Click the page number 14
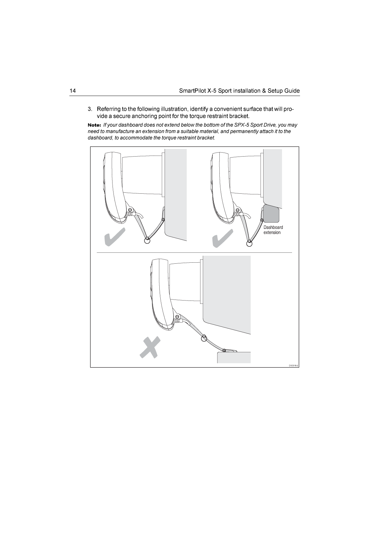[x=73, y=91]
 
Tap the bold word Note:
[x=94, y=125]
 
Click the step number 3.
[x=89, y=109]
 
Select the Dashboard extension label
[x=273, y=230]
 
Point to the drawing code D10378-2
[x=293, y=366]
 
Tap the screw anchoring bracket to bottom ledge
[x=224, y=350]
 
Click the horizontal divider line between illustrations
[x=194, y=253]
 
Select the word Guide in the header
[x=292, y=91]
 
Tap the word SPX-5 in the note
[x=241, y=125]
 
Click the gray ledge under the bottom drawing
[x=234, y=358]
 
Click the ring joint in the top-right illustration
[x=249, y=243]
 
